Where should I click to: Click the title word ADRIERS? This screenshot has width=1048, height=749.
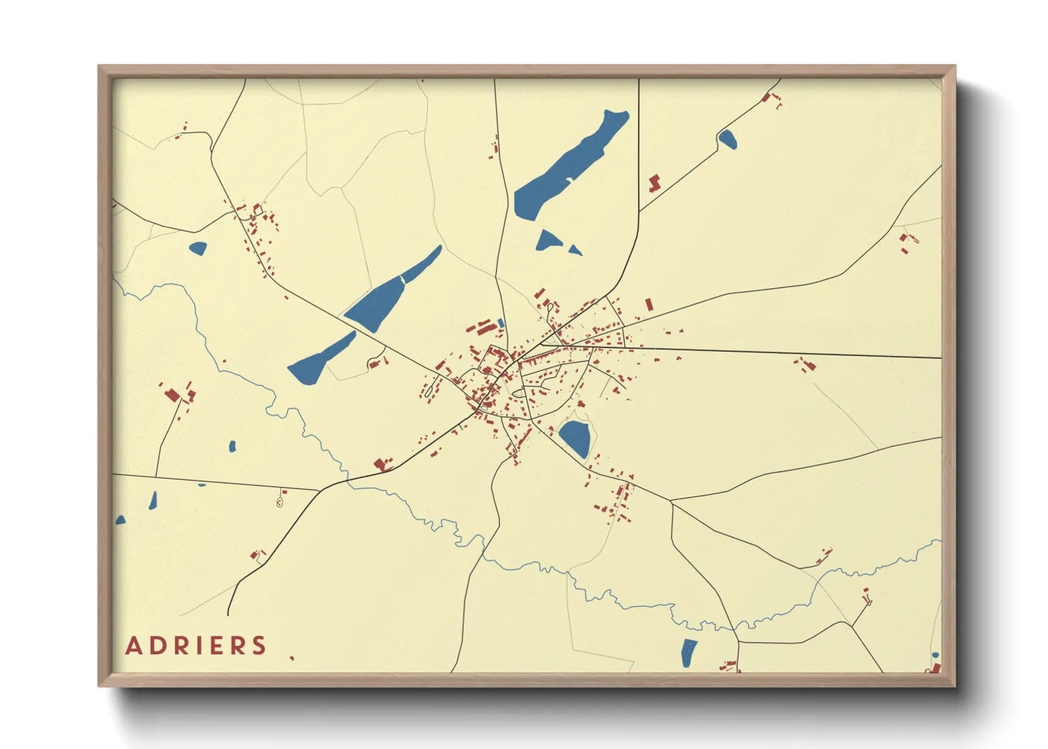pos(195,646)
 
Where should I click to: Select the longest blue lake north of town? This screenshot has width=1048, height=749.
pos(570,164)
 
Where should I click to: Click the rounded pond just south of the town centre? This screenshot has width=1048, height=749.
pos(575,438)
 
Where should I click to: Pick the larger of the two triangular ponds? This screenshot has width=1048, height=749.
pos(547,241)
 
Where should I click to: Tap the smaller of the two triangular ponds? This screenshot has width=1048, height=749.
pos(575,250)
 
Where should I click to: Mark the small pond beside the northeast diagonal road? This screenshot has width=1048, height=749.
pos(727,139)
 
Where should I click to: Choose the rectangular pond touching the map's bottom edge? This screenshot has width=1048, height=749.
pos(688,653)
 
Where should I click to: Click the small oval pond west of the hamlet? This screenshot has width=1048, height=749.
pos(198,248)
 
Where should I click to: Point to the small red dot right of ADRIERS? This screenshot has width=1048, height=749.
pos(292,658)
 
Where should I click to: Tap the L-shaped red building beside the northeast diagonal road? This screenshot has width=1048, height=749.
pos(654,183)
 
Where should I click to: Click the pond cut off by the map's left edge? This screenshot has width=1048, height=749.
pos(120,520)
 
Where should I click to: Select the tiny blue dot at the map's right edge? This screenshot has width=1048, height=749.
pos(935,656)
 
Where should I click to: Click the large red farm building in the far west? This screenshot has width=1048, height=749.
pos(172,394)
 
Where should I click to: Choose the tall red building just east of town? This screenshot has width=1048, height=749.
pos(649,304)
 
